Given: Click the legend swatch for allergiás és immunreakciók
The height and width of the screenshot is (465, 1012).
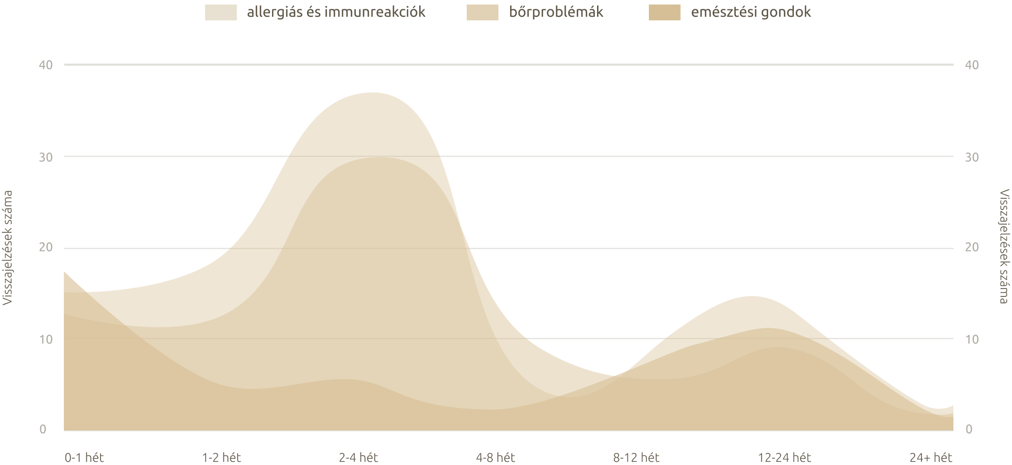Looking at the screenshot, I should pyautogui.click(x=221, y=12).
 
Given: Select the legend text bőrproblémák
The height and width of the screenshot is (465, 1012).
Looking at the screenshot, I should pyautogui.click(x=556, y=12).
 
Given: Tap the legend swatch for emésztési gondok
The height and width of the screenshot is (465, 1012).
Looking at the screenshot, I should pyautogui.click(x=665, y=12).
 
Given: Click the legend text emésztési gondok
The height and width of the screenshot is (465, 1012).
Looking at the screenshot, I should pyautogui.click(x=751, y=12).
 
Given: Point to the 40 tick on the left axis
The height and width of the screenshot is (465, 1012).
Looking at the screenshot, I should pyautogui.click(x=46, y=65).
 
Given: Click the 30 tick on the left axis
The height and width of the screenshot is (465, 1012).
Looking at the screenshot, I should pyautogui.click(x=46, y=157).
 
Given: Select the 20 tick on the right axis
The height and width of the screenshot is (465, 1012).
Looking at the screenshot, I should pyautogui.click(x=972, y=247).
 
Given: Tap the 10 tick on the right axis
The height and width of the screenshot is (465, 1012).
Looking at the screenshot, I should pyautogui.click(x=972, y=339).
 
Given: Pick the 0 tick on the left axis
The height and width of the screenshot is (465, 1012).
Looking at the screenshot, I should pyautogui.click(x=43, y=429).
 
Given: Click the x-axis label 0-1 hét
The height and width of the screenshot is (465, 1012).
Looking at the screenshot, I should pyautogui.click(x=84, y=458).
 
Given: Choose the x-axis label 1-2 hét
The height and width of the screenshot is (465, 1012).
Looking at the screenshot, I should pyautogui.click(x=221, y=458).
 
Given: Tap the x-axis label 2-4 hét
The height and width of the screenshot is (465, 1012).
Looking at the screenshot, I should pyautogui.click(x=358, y=458).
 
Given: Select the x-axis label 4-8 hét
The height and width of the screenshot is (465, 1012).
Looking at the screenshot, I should pyautogui.click(x=496, y=458).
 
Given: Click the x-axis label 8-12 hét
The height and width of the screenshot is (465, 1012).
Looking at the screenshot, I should pyautogui.click(x=636, y=458).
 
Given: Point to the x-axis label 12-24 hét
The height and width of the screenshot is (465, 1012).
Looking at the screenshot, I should pyautogui.click(x=784, y=458).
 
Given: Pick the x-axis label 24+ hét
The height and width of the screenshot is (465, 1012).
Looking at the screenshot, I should pyautogui.click(x=930, y=458).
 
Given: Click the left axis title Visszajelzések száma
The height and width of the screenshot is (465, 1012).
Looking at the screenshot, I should pyautogui.click(x=7, y=247).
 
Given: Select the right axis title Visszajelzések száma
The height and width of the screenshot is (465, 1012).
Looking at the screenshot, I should pyautogui.click(x=1004, y=247).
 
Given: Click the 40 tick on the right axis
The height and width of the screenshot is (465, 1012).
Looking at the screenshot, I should pyautogui.click(x=972, y=65).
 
